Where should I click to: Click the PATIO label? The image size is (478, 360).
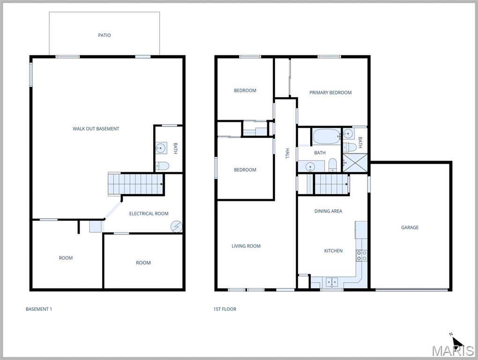tap(105, 35)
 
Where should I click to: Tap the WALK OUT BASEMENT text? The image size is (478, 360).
tap(96, 128)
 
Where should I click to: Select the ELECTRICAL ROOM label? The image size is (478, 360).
tap(149, 214)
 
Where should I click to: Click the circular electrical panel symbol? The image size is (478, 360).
tap(176, 226)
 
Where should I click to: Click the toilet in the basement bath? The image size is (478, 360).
tap(162, 165)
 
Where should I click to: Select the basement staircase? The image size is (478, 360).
tap(135, 184)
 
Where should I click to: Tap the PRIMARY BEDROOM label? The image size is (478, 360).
tap(330, 93)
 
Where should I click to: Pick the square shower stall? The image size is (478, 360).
tap(354, 163)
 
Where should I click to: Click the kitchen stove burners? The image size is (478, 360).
tap(361, 255)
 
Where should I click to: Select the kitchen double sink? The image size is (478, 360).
tap(331, 282)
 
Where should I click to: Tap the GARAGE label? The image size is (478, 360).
tap(410, 227)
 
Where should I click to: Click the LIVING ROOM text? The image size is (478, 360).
tap(246, 246)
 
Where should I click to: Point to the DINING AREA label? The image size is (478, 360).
tap(328, 211)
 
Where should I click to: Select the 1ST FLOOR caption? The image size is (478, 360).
tap(224, 309)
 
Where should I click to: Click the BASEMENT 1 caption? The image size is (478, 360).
tap(38, 309)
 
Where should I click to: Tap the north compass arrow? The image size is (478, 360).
tap(456, 341)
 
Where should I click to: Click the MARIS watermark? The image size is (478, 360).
tap(453, 351)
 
